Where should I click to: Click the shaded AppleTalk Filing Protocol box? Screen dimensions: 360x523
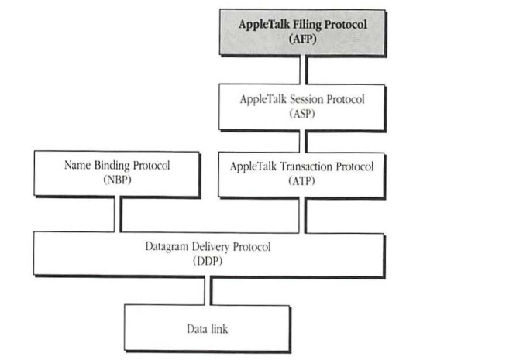click(302, 32)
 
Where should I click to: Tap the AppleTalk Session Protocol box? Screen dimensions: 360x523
click(303, 106)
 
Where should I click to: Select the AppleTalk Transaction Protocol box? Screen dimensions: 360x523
click(303, 173)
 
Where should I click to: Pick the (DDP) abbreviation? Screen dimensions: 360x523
click(208, 261)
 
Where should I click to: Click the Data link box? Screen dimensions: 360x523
click(208, 328)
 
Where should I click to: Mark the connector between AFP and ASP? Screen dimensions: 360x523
click(303, 69)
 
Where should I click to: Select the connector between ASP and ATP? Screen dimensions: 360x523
click(303, 141)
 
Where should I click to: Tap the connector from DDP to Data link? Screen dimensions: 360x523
click(208, 290)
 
